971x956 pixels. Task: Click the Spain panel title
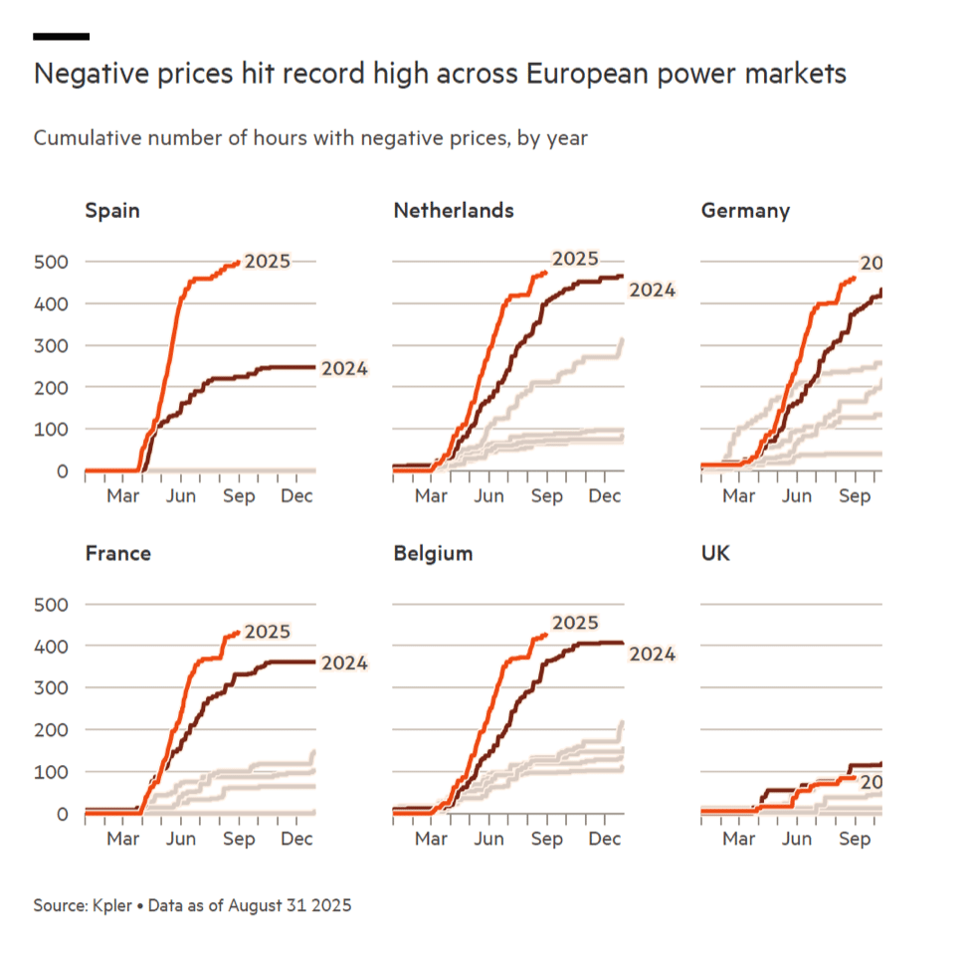click(112, 211)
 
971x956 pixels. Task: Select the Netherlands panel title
click(454, 211)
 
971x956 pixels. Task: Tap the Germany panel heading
click(745, 211)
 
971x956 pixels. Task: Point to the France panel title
click(117, 553)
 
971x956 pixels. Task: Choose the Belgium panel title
click(433, 553)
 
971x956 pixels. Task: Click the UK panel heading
click(715, 553)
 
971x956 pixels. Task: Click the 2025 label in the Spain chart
click(268, 262)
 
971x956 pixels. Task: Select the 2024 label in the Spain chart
click(345, 369)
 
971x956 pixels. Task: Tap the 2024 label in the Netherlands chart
click(653, 290)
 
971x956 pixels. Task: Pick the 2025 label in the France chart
click(268, 632)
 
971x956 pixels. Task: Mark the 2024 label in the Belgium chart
click(653, 654)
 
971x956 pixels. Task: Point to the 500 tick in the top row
click(49, 262)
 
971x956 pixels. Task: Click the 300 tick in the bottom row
click(49, 687)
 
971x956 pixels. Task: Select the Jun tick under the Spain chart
click(181, 495)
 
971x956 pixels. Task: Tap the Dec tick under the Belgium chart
click(605, 839)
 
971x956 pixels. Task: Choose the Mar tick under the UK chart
click(739, 839)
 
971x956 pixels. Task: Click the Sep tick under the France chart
click(239, 839)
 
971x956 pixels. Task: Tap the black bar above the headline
click(61, 37)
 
